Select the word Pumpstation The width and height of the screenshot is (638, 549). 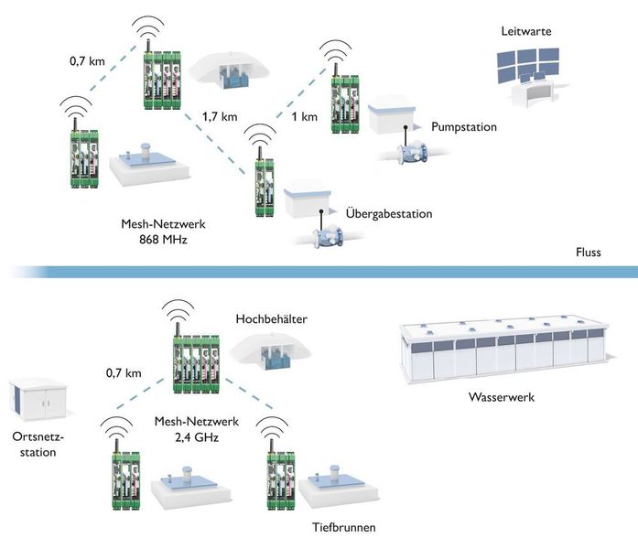(x=463, y=127)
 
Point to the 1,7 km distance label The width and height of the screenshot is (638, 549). (x=220, y=117)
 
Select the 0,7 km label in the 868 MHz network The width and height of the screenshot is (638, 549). (x=87, y=61)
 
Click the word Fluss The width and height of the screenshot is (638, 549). (x=588, y=253)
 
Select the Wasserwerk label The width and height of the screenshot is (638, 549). (x=498, y=399)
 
